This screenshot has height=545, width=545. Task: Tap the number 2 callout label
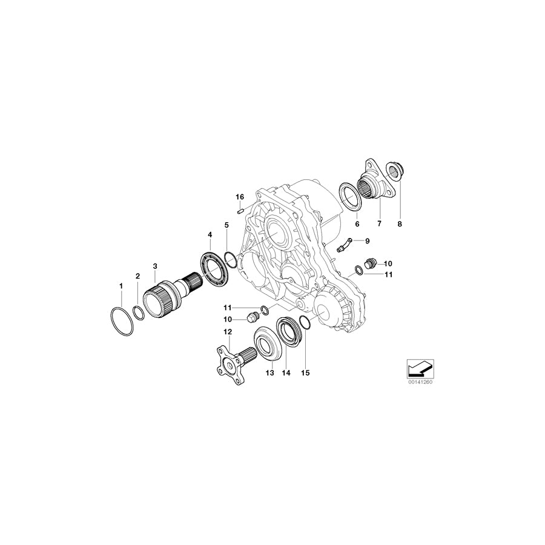click(137, 276)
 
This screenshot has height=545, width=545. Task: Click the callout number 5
click(226, 225)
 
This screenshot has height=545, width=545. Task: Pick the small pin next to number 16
click(242, 211)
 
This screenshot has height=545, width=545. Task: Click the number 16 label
click(240, 197)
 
